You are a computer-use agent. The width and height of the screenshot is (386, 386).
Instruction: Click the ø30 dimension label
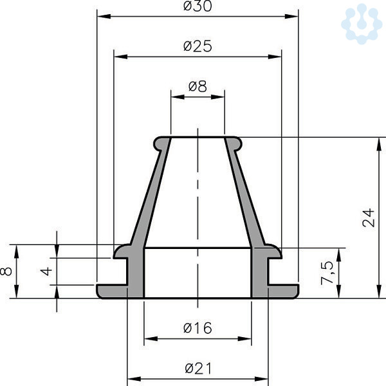[198, 6]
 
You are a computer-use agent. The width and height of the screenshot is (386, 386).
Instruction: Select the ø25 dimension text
[198, 46]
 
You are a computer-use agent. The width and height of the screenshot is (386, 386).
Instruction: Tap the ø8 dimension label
[198, 86]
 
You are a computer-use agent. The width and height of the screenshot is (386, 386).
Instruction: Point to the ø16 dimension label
[198, 328]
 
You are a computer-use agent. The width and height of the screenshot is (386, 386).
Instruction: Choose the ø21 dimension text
[198, 369]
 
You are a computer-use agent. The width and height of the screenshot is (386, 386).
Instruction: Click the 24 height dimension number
[368, 217]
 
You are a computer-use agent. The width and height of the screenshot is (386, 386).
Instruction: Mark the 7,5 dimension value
[327, 273]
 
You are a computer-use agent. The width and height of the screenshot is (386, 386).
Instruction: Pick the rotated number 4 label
[46, 271]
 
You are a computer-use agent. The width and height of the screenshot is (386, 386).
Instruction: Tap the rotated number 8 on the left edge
[6, 271]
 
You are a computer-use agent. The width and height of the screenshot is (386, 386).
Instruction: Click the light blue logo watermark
[362, 24]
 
